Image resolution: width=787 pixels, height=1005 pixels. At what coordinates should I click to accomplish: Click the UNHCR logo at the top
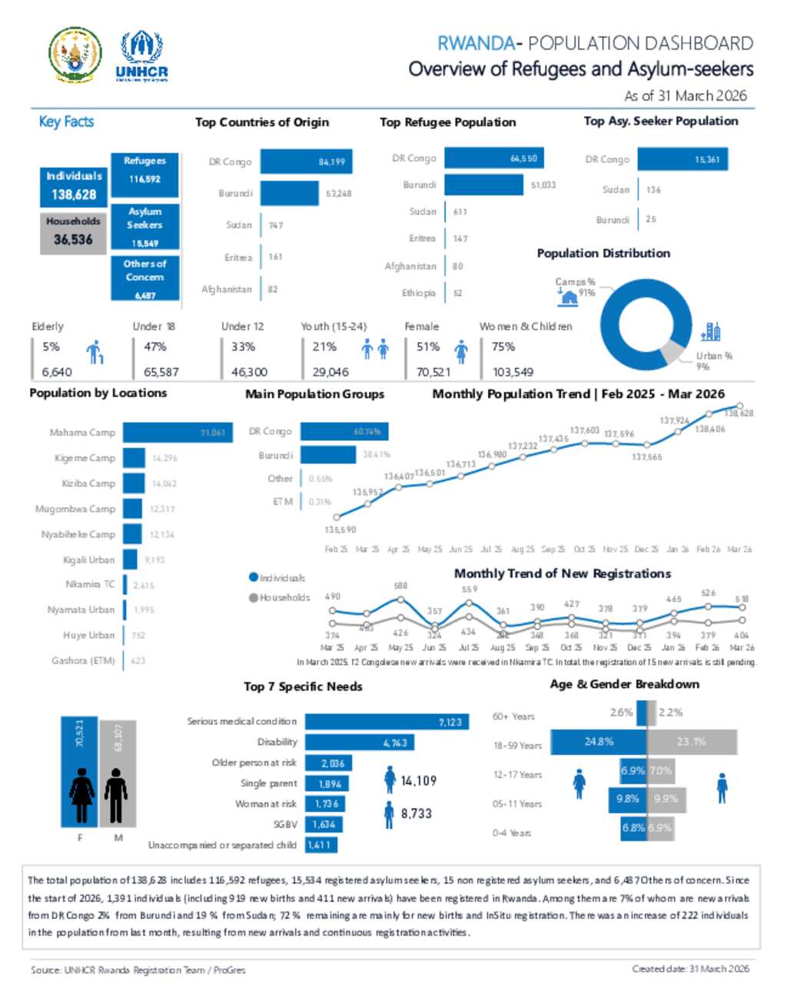(x=141, y=55)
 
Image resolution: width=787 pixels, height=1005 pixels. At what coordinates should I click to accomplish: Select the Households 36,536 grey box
(x=73, y=231)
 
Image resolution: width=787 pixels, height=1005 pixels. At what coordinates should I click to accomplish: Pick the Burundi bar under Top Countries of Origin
(x=290, y=194)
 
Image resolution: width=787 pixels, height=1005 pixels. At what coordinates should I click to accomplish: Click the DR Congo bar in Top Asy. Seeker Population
(x=682, y=160)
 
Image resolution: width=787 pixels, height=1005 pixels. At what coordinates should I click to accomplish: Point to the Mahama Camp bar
(x=177, y=433)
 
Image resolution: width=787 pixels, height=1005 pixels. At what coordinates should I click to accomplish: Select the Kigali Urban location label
(x=88, y=560)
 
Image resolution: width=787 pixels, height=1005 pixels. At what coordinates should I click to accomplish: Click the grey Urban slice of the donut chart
(x=672, y=351)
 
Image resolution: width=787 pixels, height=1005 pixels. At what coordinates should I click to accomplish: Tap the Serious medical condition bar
(x=387, y=721)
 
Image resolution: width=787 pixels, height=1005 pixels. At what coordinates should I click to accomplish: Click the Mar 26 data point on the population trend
(x=740, y=406)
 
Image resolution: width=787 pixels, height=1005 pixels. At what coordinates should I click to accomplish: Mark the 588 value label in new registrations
(x=400, y=586)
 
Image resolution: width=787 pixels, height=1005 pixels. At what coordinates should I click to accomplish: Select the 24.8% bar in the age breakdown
(x=599, y=741)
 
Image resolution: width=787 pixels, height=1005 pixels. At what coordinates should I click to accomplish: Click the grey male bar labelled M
(x=117, y=772)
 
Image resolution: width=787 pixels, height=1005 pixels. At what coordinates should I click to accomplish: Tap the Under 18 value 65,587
(x=161, y=372)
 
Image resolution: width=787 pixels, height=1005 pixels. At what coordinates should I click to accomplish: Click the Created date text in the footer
(x=690, y=969)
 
